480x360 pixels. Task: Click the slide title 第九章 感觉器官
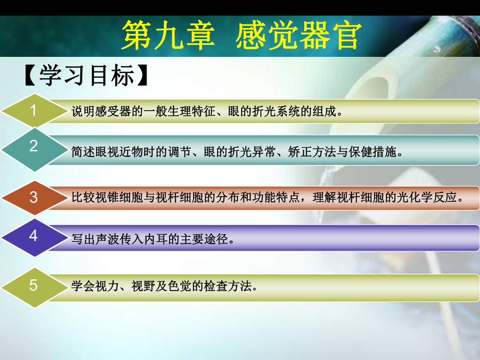(x=241, y=35)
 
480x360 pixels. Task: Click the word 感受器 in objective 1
(x=106, y=111)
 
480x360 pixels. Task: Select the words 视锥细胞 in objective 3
(x=112, y=198)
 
